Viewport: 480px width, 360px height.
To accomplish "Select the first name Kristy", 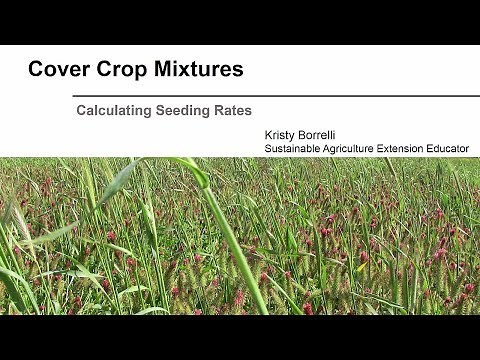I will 281,133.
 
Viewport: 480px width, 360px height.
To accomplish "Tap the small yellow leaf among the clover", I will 360,267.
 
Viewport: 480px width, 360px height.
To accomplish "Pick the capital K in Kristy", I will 268,133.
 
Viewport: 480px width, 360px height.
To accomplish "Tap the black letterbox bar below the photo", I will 240,337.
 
